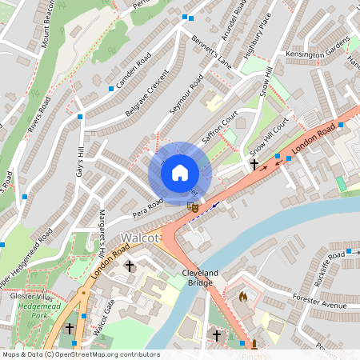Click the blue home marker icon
180,172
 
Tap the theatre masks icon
192,207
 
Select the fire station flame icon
243,296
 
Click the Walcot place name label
140,238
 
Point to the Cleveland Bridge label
201,278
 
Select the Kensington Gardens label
318,53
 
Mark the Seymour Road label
185,100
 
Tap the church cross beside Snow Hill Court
254,165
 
